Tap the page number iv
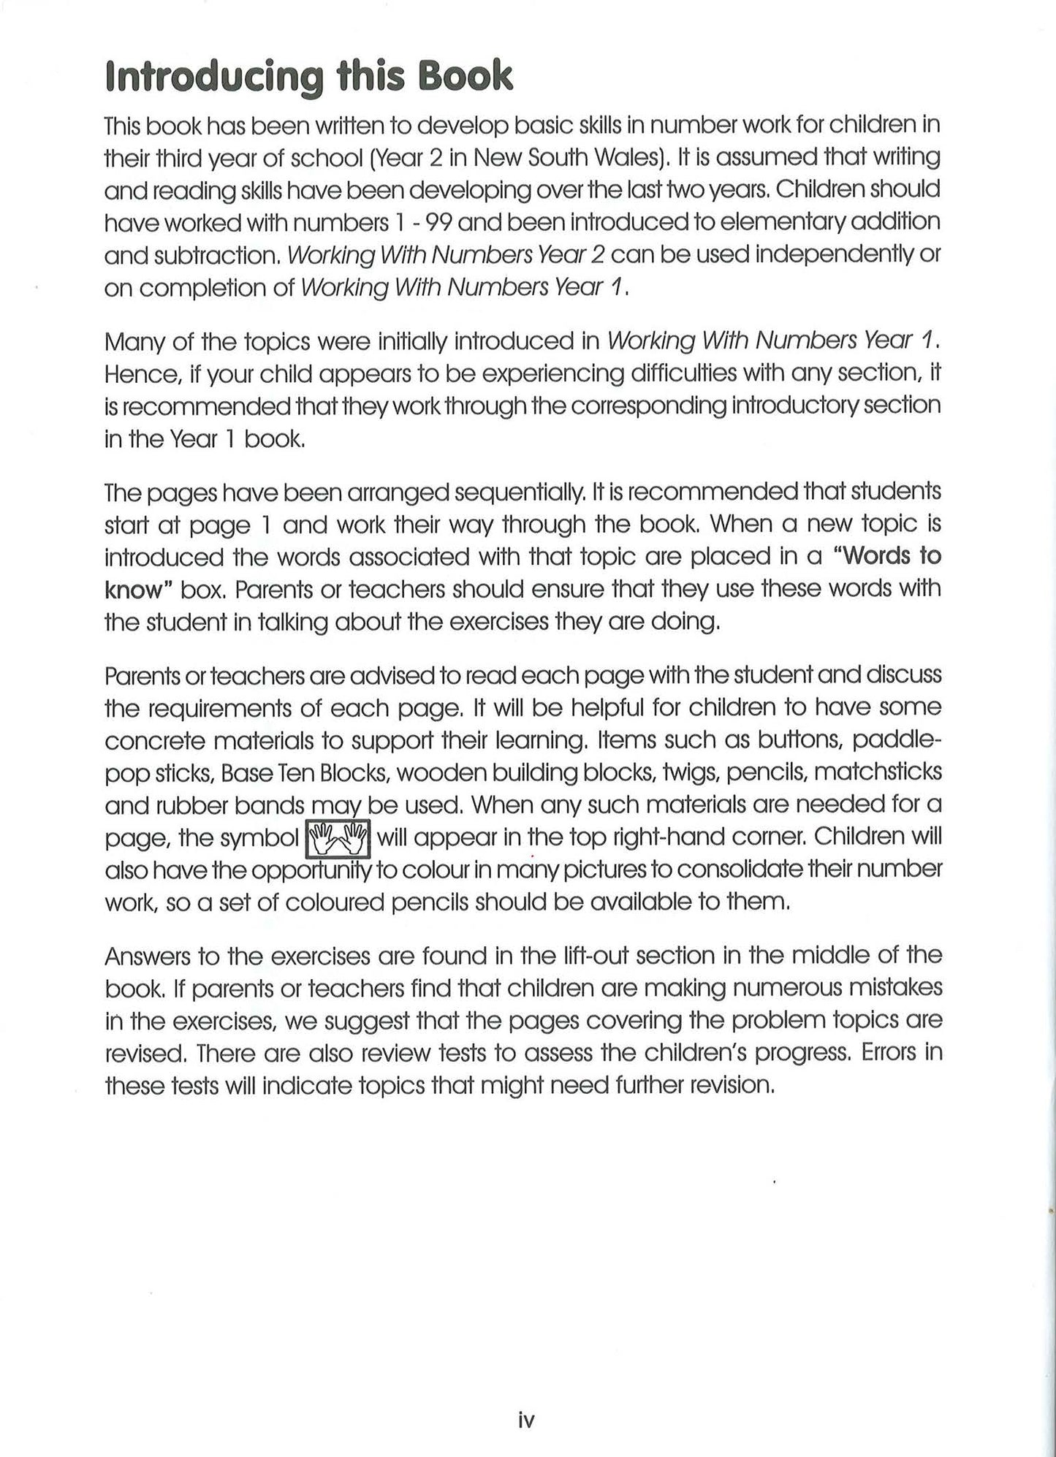526,1421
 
